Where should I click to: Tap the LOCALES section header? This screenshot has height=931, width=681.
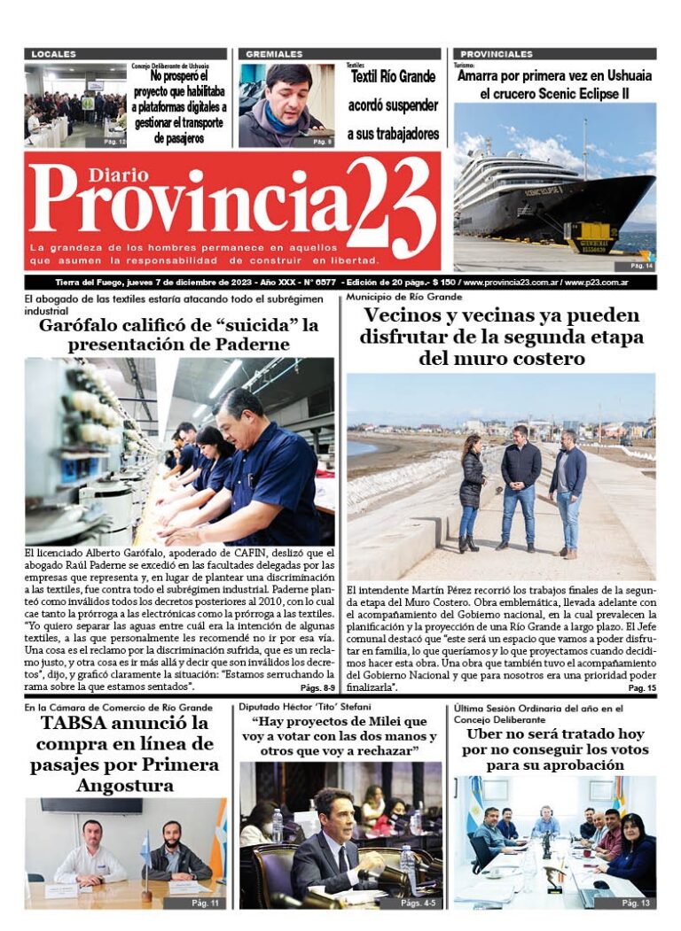click(54, 54)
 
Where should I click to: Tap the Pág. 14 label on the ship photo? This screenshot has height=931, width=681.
click(641, 266)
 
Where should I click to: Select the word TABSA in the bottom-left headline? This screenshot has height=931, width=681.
click(70, 723)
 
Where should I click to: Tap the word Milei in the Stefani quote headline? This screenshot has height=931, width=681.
click(382, 721)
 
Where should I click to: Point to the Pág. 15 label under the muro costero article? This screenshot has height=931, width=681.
click(641, 687)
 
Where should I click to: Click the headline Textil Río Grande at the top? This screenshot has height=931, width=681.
click(393, 76)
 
